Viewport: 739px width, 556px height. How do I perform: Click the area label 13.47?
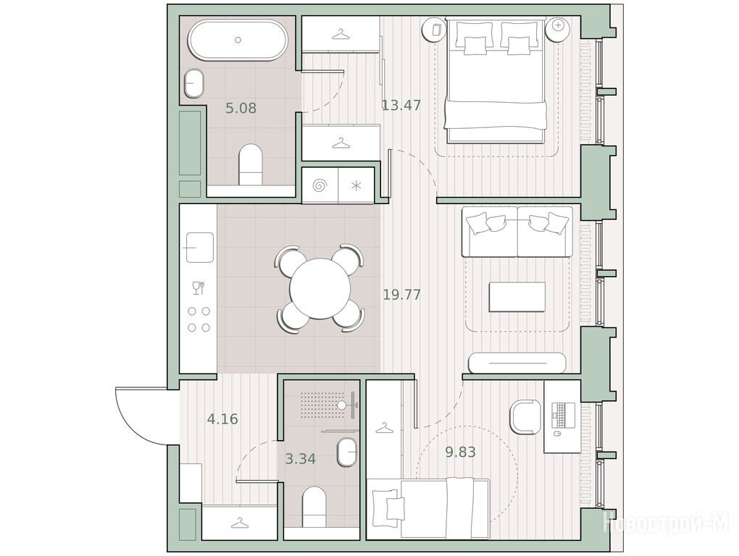click(401, 105)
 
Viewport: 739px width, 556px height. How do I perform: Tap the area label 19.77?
click(401, 295)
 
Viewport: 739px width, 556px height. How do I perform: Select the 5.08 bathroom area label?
click(241, 109)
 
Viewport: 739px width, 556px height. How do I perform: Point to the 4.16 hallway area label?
click(222, 418)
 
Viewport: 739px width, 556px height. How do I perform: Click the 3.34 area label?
click(301, 458)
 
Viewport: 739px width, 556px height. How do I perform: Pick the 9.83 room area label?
click(461, 452)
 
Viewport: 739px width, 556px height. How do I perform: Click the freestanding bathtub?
click(238, 40)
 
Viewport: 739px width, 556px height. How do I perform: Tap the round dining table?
click(320, 289)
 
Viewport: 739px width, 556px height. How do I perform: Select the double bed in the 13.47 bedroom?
click(496, 80)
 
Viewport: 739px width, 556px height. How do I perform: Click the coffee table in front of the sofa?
click(517, 297)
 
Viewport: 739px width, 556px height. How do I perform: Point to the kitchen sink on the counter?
click(200, 247)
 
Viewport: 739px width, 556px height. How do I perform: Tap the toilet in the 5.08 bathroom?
click(250, 165)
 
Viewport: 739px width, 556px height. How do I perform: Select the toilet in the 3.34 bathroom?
click(314, 507)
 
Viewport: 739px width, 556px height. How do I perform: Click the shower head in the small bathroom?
click(341, 405)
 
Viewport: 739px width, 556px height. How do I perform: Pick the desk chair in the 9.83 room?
click(525, 417)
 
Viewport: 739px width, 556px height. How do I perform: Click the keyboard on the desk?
click(563, 414)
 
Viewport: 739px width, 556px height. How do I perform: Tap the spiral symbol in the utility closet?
click(320, 185)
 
